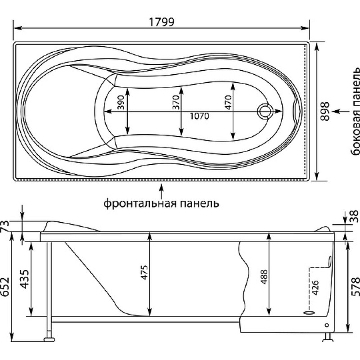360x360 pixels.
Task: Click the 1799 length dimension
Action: (162, 22)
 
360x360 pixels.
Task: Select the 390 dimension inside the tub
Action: (121, 103)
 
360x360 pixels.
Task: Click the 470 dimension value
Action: (228, 103)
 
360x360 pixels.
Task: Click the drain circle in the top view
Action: (265, 111)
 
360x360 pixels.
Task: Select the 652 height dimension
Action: (5, 287)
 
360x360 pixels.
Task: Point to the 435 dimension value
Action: (24, 279)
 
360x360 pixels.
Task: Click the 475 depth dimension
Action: (144, 273)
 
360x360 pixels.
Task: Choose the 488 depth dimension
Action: (265, 277)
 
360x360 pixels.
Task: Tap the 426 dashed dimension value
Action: (315, 288)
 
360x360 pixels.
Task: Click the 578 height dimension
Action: (355, 287)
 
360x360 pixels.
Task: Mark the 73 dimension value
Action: (5, 226)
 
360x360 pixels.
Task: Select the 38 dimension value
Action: (355, 216)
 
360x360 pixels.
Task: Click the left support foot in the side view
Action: (49, 339)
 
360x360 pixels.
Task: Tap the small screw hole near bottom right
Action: (327, 325)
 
